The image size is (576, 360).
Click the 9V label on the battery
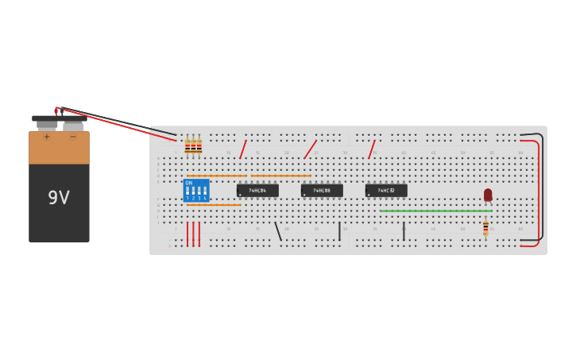[59, 198]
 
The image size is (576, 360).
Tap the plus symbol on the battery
[47, 137]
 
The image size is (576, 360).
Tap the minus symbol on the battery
[73, 137]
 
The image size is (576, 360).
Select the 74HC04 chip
[257, 191]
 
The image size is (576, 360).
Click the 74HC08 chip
[322, 191]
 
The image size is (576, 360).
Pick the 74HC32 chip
[386, 191]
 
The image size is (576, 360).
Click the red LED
[488, 195]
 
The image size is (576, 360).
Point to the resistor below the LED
[485, 228]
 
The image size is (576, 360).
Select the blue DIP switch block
[196, 191]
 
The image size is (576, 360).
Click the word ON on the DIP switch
[189, 183]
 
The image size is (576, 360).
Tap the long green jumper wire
[435, 211]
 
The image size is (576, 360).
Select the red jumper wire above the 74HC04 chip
[243, 149]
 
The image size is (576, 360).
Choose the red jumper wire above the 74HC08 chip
[310, 149]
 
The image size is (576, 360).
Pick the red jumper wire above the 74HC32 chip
[371, 149]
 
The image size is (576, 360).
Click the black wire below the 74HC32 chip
[404, 231]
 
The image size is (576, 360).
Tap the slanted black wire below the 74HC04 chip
[278, 231]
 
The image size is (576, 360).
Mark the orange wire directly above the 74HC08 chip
[281, 176]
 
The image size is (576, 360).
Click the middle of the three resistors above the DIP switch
[193, 146]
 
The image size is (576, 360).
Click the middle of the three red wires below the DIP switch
[193, 234]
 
